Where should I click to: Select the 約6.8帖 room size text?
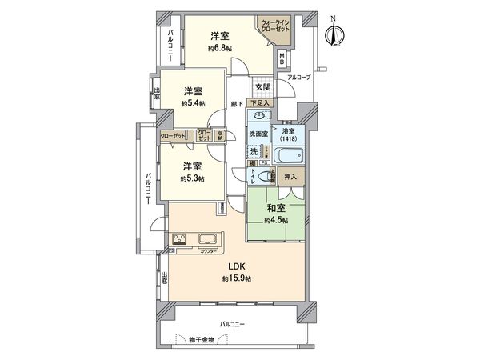(221, 50)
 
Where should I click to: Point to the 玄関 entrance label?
(263, 86)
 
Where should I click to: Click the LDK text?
(237, 266)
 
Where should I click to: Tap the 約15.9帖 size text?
(237, 278)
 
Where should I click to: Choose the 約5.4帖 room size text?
(193, 104)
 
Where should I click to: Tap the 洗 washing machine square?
(254, 151)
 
